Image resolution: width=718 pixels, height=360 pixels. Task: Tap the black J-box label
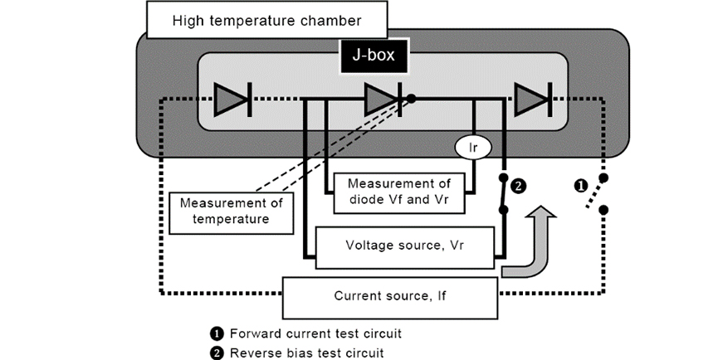(x=373, y=58)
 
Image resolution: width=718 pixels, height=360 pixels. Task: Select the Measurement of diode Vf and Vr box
(x=399, y=191)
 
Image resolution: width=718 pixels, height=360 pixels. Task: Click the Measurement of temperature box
(x=231, y=212)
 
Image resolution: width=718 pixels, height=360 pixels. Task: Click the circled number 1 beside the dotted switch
(x=582, y=186)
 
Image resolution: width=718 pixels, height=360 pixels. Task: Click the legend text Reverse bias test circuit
(x=306, y=352)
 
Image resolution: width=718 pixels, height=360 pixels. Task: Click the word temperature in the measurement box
(x=231, y=219)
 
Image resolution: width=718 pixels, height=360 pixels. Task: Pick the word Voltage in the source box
(x=370, y=246)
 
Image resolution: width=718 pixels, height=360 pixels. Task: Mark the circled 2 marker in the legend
(x=217, y=352)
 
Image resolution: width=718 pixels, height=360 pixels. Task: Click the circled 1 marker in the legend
(x=217, y=334)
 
